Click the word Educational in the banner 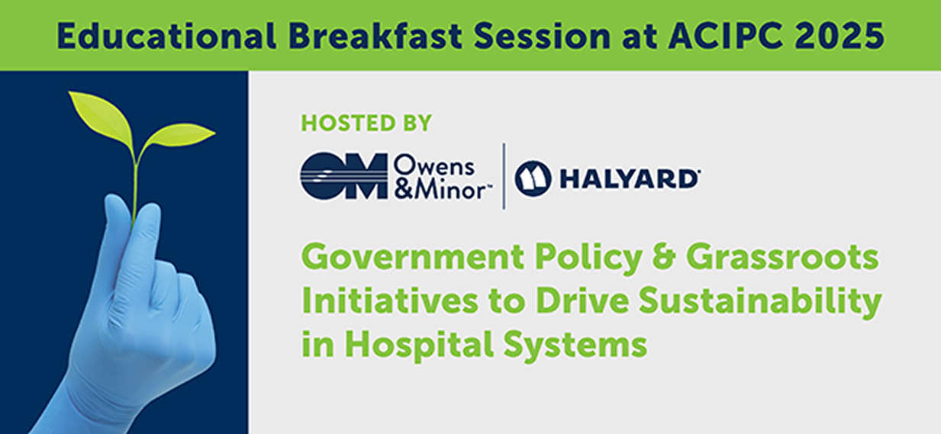click(166, 35)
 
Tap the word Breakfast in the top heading click(375, 35)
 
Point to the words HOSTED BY click(366, 123)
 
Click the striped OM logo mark click(343, 176)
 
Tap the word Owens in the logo click(433, 167)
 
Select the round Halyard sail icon click(533, 178)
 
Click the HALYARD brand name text click(629, 179)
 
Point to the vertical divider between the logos click(504, 176)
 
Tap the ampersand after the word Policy click(663, 258)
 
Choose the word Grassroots click(782, 258)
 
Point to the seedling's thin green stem click(135, 189)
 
